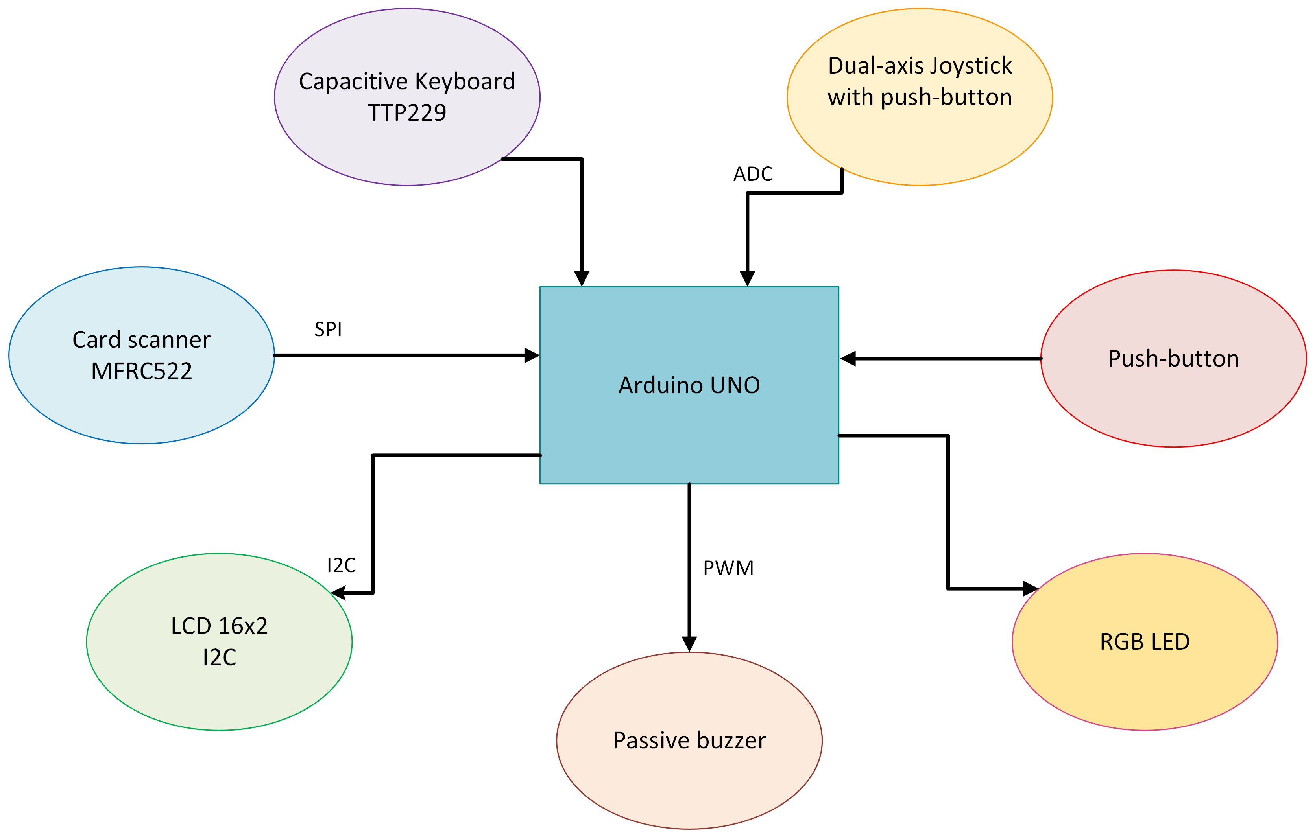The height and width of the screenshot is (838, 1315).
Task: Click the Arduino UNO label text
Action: pos(689,385)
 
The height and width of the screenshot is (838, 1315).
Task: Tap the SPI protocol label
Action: pos(328,329)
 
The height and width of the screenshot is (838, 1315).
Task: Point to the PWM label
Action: pos(728,568)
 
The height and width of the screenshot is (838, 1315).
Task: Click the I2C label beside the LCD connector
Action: pos(341,565)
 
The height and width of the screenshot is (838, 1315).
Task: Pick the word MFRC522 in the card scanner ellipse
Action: pos(141,371)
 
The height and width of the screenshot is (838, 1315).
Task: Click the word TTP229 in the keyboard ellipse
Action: pos(407,113)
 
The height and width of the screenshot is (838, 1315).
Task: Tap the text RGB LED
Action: pos(1145,642)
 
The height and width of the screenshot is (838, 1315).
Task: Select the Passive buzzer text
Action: pos(689,741)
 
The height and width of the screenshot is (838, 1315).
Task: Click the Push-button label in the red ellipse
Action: pos(1173,359)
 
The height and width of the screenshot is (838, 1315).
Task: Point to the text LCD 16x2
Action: pos(219,626)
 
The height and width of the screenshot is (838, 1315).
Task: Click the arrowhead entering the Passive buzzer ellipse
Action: pos(689,644)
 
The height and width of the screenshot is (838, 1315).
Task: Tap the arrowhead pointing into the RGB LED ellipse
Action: pos(1030,589)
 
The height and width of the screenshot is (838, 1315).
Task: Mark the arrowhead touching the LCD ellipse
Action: pos(338,593)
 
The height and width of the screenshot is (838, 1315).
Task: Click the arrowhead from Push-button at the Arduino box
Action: pos(848,359)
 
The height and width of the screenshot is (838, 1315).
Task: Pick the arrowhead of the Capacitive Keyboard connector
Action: pos(582,278)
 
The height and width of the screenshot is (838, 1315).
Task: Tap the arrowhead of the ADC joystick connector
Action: pos(747,278)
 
